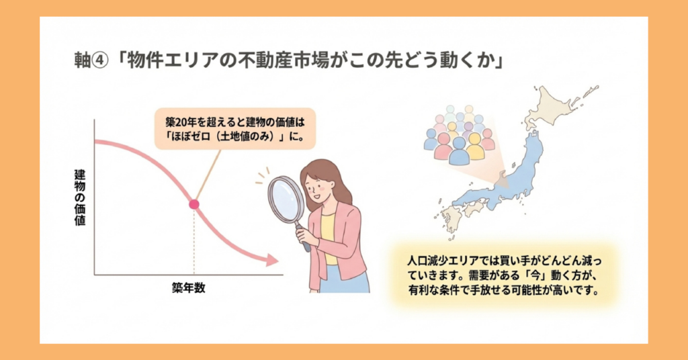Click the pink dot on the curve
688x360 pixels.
coord(194,204)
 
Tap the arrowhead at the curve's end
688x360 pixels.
coord(272,260)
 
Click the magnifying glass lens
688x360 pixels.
coord(287,199)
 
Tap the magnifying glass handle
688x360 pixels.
coord(304,240)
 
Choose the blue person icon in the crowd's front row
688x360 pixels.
coord(459,152)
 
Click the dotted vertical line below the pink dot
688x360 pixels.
coord(194,242)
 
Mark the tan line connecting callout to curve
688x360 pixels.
coord(208,176)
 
